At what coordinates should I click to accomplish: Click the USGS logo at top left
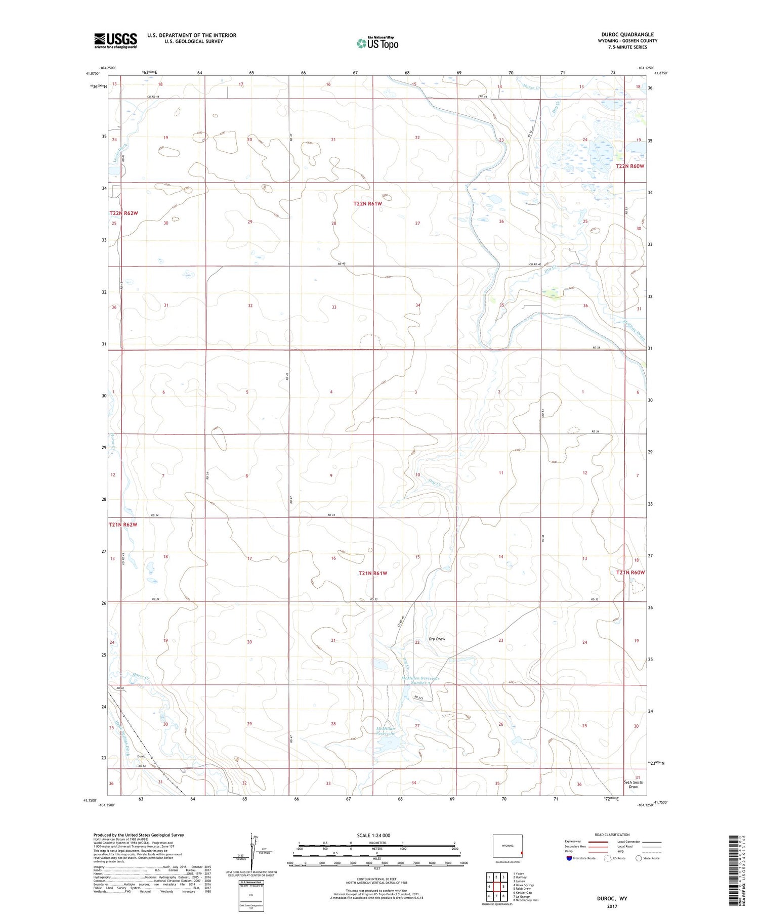click(x=115, y=40)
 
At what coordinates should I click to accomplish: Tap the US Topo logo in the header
click(x=377, y=43)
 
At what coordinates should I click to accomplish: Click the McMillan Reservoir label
click(x=385, y=731)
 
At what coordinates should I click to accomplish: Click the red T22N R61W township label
click(x=367, y=203)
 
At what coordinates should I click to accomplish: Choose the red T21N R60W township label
click(x=630, y=573)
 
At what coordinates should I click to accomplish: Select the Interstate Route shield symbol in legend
click(x=569, y=858)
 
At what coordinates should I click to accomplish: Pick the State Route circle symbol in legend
click(x=639, y=858)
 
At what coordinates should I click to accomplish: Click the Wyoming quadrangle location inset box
click(x=508, y=846)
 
